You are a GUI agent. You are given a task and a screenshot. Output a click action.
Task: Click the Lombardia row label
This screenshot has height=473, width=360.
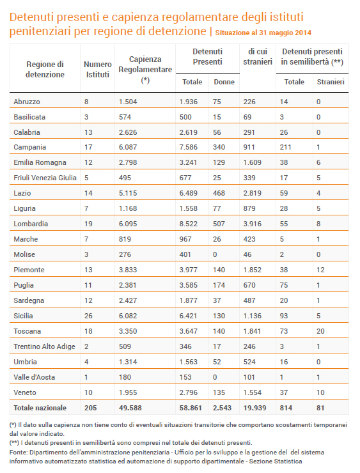(x=31, y=224)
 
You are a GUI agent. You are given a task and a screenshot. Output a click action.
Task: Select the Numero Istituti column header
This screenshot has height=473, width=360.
(x=97, y=70)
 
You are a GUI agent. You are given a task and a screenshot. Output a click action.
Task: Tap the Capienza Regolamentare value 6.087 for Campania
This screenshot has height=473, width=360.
(x=128, y=147)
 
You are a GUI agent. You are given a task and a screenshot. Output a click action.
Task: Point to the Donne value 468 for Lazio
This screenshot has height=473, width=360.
(x=219, y=193)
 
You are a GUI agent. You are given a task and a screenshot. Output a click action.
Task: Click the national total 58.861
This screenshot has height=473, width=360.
(x=191, y=408)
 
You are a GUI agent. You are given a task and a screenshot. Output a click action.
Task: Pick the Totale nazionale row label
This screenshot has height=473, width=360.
(x=40, y=408)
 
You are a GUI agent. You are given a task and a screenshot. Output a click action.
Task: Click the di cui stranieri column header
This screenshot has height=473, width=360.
(x=258, y=57)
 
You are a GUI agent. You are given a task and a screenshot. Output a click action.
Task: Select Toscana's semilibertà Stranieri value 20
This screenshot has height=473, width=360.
(x=320, y=331)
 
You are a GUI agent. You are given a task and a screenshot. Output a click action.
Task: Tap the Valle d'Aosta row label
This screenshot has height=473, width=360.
(x=34, y=377)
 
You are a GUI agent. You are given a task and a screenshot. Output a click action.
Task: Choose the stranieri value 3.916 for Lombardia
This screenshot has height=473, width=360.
(x=253, y=224)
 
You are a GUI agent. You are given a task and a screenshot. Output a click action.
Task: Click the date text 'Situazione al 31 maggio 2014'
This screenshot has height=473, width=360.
(x=263, y=33)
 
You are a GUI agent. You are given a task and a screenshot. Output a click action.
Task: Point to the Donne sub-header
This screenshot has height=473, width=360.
(x=224, y=82)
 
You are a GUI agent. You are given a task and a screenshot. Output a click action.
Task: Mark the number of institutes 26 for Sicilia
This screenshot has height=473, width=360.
(x=88, y=316)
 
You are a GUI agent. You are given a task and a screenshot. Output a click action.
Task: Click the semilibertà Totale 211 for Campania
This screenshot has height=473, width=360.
(x=285, y=147)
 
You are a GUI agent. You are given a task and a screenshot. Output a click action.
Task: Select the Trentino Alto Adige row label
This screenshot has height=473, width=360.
(x=44, y=346)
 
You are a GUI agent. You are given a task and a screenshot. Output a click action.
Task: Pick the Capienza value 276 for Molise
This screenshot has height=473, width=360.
(x=125, y=254)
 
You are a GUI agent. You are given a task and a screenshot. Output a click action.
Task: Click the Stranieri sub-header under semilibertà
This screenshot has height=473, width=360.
(x=331, y=82)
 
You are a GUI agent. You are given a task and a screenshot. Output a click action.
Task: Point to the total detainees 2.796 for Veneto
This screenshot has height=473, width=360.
(x=188, y=392)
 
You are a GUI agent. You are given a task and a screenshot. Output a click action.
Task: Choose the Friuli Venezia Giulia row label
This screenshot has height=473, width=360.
(x=45, y=178)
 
